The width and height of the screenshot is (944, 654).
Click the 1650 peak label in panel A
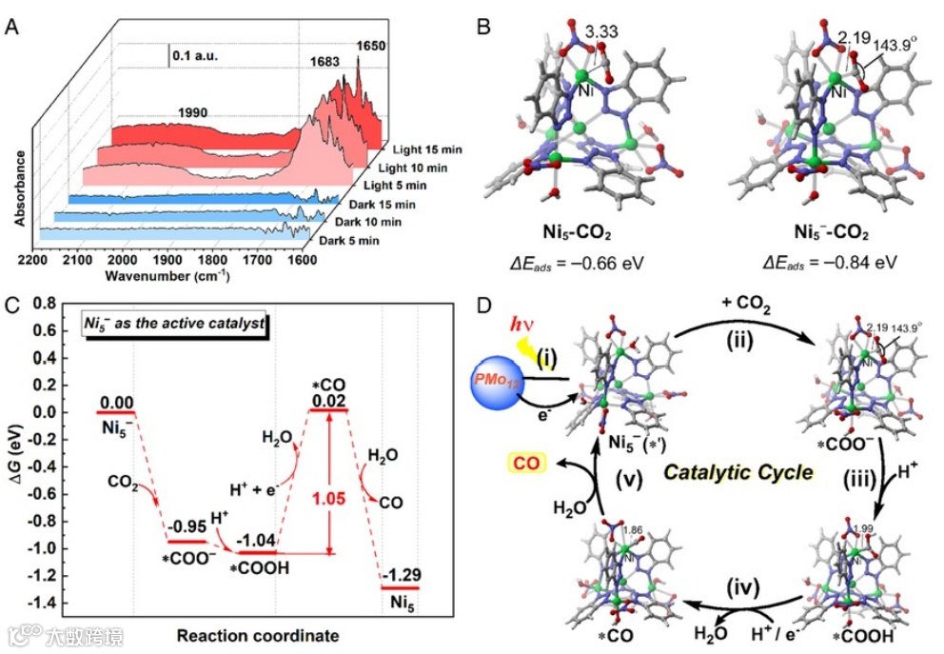pyautogui.click(x=372, y=45)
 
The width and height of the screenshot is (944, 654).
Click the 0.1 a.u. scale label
pyautogui.click(x=195, y=56)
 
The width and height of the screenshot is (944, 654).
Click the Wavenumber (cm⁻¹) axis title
pyautogui.click(x=164, y=276)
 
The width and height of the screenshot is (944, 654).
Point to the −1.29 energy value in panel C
pyautogui.click(x=400, y=575)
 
